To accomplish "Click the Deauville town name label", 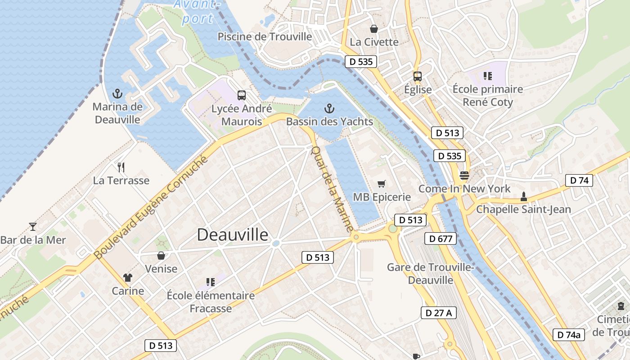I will click(233, 235).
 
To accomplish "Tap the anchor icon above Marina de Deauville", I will click(117, 94).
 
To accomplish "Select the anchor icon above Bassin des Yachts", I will click(329, 108).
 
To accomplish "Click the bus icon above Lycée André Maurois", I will click(242, 95).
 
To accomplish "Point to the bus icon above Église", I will click(418, 76).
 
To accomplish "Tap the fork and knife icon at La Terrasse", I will click(121, 167).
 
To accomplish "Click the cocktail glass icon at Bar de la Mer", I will click(32, 226).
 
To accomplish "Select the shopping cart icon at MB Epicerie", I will click(382, 184).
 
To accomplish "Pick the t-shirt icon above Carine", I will click(128, 277).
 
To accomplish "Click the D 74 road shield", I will click(579, 180).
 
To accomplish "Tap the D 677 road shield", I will click(441, 238).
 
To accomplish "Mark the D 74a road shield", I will click(569, 334).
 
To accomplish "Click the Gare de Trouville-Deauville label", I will click(431, 274).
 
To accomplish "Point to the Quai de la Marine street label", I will click(333, 189).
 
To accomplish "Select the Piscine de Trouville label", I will click(265, 36).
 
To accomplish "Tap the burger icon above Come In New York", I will click(464, 175).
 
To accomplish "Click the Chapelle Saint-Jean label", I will click(523, 209).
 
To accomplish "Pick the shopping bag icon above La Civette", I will click(373, 29).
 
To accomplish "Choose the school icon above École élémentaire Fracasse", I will click(210, 282).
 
